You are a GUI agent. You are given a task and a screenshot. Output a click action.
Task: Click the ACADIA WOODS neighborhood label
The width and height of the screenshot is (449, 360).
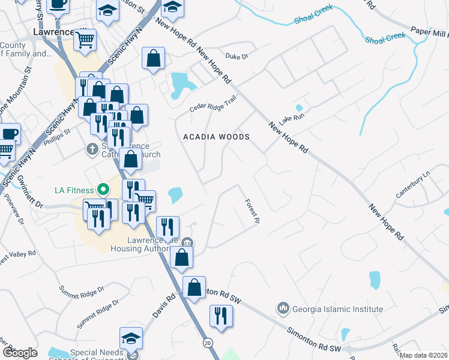[216, 137]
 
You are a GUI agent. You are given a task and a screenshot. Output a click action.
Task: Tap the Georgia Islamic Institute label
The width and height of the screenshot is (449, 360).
[337, 310]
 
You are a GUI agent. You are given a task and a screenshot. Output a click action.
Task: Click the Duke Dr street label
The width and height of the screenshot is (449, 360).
[237, 57]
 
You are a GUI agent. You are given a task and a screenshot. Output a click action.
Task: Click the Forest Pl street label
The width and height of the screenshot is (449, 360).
[252, 212]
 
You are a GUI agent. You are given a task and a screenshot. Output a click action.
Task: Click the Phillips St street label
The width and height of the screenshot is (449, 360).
[59, 131]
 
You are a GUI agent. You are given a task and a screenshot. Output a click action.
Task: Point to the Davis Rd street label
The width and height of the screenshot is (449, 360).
[163, 305]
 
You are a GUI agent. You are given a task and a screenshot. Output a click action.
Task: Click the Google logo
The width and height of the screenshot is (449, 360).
[20, 352]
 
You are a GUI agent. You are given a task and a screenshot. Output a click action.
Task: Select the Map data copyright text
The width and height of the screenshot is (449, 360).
[424, 355]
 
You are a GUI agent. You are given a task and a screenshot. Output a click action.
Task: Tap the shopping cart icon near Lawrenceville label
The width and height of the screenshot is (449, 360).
[85, 40]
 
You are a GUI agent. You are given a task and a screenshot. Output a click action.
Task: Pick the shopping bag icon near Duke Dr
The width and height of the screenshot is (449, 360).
[154, 58]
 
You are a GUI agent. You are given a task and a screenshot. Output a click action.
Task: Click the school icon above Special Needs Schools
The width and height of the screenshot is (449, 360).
[131, 338]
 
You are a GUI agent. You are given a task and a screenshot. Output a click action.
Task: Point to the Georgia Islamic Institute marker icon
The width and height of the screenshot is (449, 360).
[283, 309]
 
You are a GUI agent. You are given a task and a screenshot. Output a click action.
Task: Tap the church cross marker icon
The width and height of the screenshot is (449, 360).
[92, 148]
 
